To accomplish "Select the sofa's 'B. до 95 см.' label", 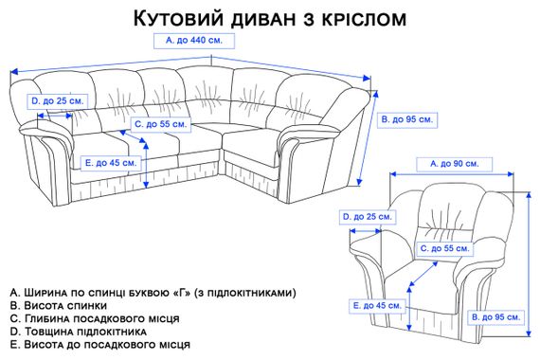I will [x=406, y=120].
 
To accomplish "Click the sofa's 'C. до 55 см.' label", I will [x=162, y=124].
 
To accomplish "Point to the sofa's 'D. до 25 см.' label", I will [x=58, y=100].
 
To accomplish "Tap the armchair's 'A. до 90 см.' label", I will [x=453, y=164].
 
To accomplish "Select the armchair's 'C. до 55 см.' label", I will [x=443, y=248].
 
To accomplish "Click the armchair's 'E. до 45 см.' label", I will [x=375, y=306].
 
